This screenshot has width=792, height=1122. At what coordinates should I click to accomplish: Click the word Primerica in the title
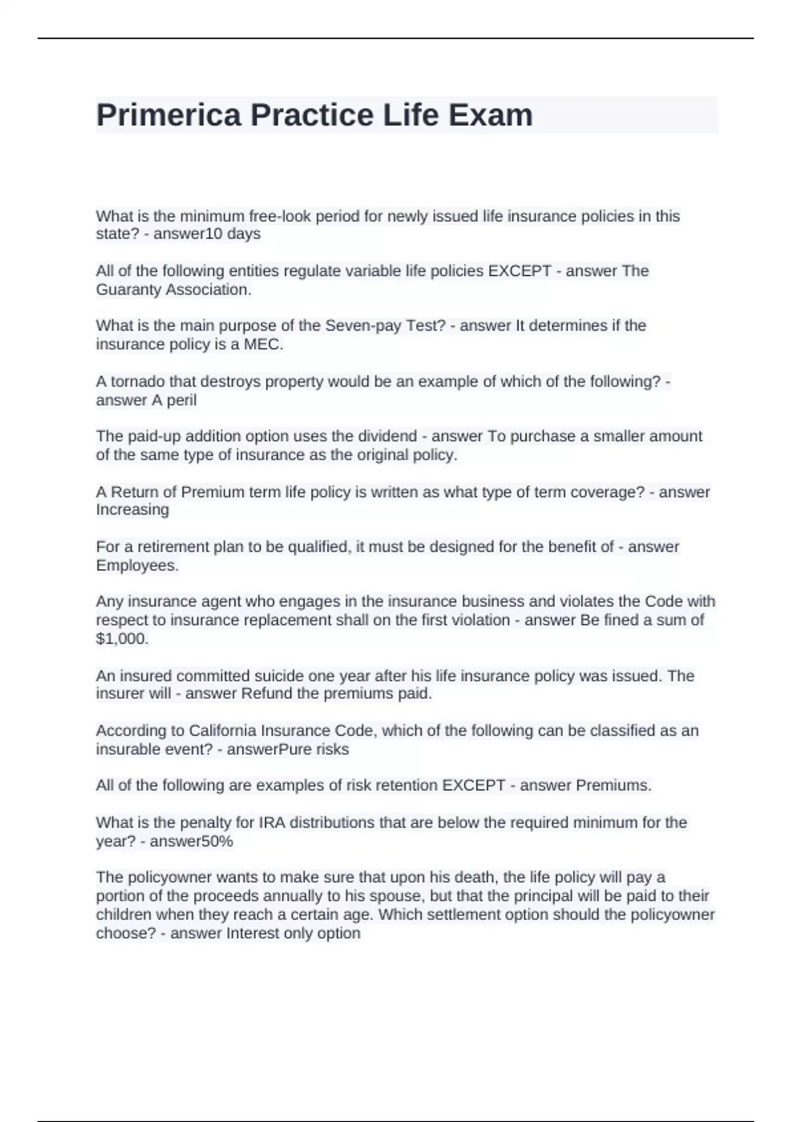tap(169, 115)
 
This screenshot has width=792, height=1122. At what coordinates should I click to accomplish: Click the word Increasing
tap(132, 510)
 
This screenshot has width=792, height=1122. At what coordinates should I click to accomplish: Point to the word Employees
tap(137, 566)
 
